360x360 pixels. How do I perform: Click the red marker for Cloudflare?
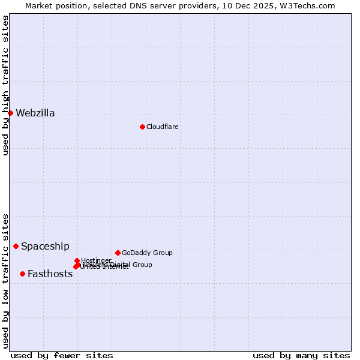(x=142, y=127)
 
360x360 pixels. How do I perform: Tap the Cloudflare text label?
(x=163, y=127)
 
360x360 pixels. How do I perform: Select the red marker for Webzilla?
(x=10, y=113)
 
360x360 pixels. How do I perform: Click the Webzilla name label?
(x=35, y=113)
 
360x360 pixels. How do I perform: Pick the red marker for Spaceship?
(x=16, y=246)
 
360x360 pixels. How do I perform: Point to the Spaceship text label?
(x=45, y=247)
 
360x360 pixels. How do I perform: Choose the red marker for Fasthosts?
(x=22, y=274)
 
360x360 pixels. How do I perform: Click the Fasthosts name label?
(x=50, y=274)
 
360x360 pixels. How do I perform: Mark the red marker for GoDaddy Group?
(x=118, y=253)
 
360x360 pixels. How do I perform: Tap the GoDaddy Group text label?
(x=147, y=253)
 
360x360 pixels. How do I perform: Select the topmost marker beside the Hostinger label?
(x=77, y=260)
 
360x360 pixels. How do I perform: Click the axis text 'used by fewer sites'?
(x=62, y=355)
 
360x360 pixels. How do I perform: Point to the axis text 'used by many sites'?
(x=301, y=355)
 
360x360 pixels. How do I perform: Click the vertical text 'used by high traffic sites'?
(x=6, y=85)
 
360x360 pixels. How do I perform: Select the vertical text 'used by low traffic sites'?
(x=6, y=280)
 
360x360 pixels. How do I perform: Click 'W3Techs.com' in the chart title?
(x=310, y=5)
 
